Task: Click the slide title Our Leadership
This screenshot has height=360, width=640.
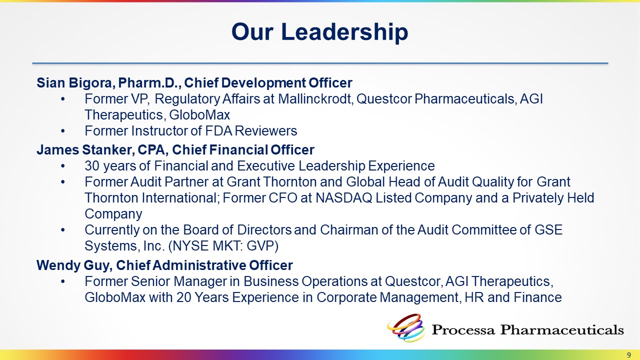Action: click(319, 31)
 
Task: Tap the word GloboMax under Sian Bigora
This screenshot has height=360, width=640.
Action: click(199, 115)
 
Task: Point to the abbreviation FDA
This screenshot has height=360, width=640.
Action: click(218, 131)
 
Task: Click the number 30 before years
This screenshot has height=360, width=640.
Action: click(92, 165)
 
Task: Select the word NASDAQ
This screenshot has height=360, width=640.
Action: click(343, 197)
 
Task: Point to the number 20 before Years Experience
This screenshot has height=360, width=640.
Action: click(183, 297)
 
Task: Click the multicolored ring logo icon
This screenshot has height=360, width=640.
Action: click(405, 328)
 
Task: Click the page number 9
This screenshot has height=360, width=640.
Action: click(629, 355)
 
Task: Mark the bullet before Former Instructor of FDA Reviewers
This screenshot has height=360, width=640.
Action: click(63, 131)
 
